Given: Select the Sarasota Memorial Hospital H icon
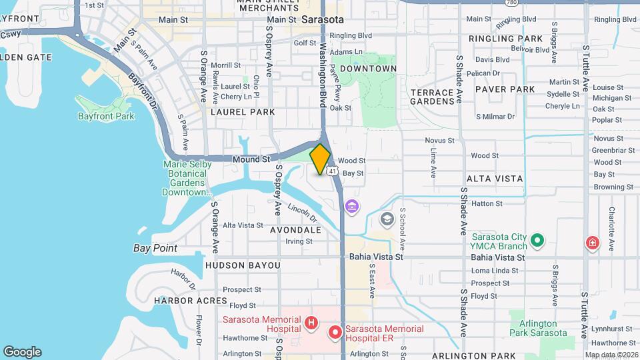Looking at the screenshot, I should (311, 323).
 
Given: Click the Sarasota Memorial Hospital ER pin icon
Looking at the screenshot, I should (335, 331).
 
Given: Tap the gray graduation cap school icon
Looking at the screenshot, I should (387, 219).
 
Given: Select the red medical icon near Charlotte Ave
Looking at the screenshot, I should (591, 243).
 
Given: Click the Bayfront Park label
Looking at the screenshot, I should (106, 116).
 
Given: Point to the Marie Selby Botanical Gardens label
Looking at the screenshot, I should (187, 178).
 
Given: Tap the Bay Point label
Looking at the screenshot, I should (155, 248).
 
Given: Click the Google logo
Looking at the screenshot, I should (22, 351).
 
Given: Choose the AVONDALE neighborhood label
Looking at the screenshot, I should (295, 229).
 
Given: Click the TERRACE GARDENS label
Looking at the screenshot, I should (432, 96).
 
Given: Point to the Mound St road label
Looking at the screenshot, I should (251, 159).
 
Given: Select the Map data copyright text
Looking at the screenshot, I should (611, 355).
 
